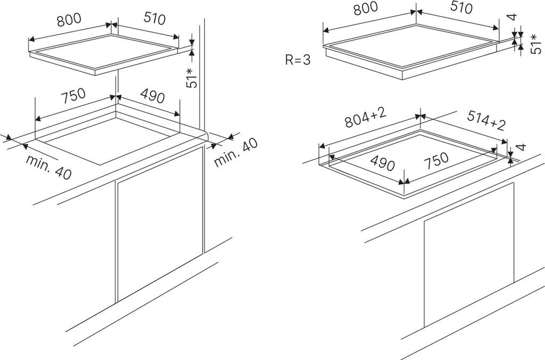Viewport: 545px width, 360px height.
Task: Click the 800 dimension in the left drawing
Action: (69, 19)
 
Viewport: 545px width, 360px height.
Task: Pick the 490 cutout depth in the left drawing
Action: (152, 96)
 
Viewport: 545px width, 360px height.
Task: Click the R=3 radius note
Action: (298, 60)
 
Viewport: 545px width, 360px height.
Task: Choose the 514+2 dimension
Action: (486, 121)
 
